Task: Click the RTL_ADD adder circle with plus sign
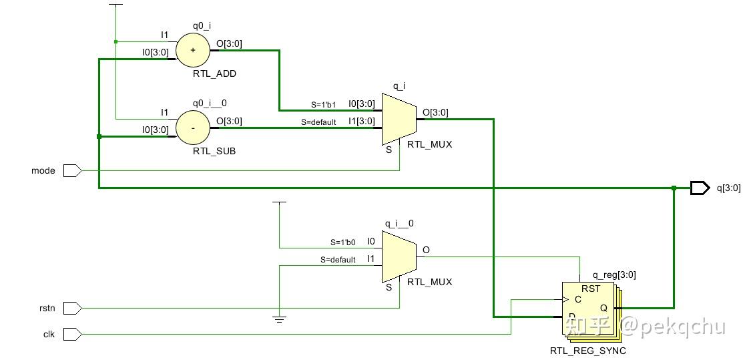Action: click(193, 51)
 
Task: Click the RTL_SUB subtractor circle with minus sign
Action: click(193, 128)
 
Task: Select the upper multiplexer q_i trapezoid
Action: click(399, 119)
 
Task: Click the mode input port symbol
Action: click(72, 171)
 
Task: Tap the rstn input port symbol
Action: click(72, 308)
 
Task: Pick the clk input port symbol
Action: click(72, 333)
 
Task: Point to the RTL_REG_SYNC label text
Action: click(587, 351)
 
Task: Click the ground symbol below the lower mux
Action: click(280, 319)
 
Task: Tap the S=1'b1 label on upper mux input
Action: click(323, 105)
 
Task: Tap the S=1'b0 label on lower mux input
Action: click(342, 242)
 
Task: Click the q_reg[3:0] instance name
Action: click(609, 275)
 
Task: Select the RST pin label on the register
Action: click(591, 289)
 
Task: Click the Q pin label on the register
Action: click(603, 308)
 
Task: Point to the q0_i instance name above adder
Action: click(202, 27)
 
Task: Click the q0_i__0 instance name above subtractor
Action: click(210, 104)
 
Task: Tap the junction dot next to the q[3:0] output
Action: click(674, 188)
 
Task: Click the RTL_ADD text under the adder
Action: click(214, 74)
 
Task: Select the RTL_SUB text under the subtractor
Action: click(214, 151)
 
